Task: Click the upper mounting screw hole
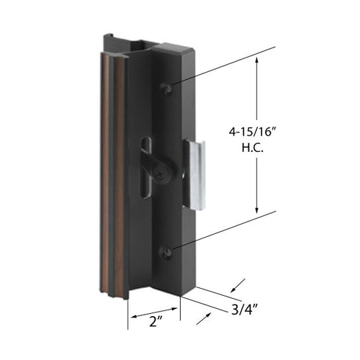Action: [167, 87]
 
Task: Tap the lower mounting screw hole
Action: [167, 252]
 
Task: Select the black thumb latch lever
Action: [154, 155]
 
